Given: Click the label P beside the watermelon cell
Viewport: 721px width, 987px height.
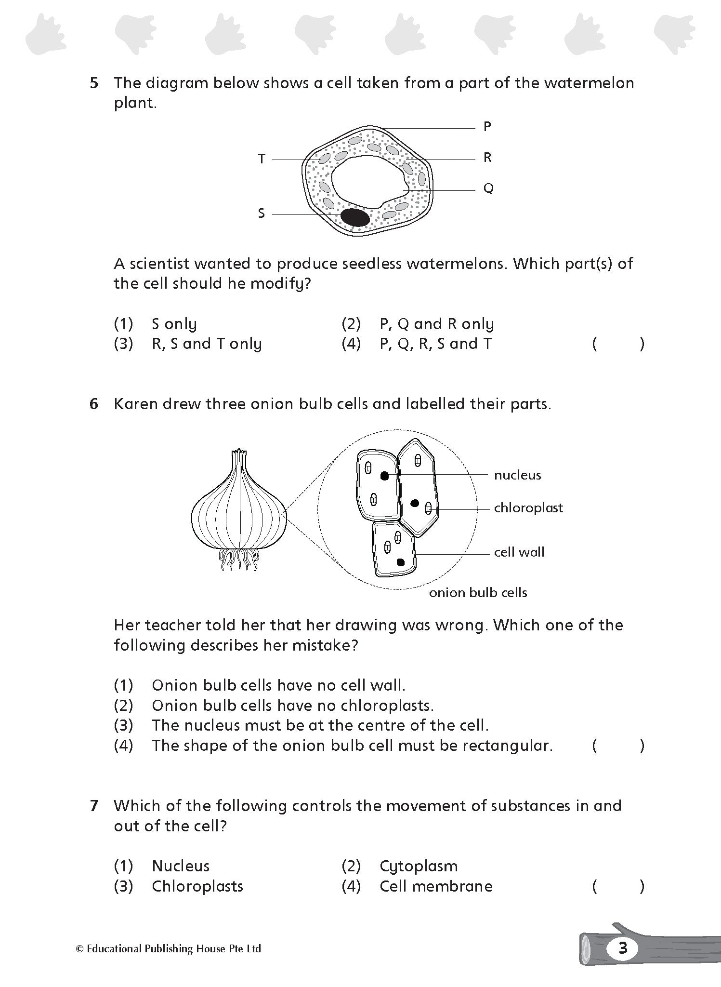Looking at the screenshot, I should tap(487, 127).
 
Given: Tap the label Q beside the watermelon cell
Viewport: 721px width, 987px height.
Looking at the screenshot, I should tap(488, 188).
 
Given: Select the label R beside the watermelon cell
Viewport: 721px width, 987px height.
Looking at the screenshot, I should tap(487, 158).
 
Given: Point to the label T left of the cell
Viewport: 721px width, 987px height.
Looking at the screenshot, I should tap(262, 159).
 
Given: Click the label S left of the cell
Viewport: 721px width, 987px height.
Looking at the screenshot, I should tap(262, 213).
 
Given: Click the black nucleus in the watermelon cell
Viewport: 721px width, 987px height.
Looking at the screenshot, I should tap(355, 217).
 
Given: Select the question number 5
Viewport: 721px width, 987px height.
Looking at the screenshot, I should tap(94, 83).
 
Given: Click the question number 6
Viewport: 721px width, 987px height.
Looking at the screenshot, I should tap(94, 404).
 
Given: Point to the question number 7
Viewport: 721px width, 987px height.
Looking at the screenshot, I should tap(94, 806).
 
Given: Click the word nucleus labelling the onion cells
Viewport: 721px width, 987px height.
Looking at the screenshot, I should tap(517, 475).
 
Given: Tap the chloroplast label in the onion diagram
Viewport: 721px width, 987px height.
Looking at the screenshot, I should tap(528, 508).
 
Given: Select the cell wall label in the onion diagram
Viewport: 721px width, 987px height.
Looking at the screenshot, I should tap(519, 552).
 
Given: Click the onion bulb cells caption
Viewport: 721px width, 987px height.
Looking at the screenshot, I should tap(478, 593).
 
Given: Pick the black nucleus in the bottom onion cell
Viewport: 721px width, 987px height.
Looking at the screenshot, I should tap(400, 562).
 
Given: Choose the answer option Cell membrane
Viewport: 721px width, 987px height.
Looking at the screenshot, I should tap(436, 886).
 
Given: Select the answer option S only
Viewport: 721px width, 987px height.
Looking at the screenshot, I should tap(174, 324).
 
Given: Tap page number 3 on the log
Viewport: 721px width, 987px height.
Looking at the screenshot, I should tap(623, 948).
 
